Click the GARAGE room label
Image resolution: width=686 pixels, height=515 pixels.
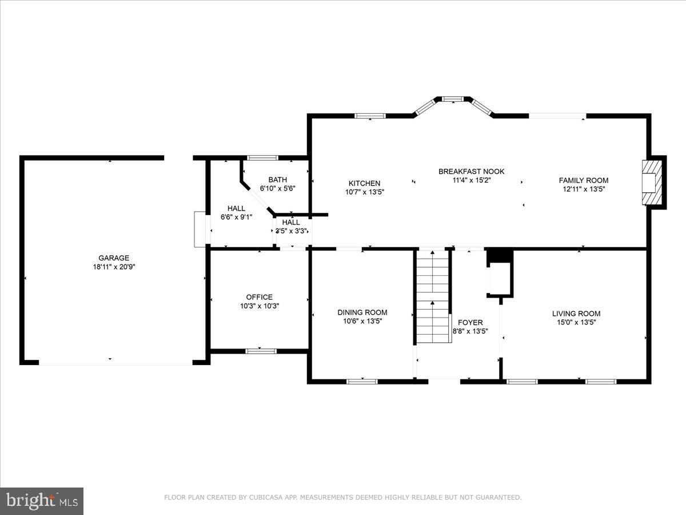pos(114,258)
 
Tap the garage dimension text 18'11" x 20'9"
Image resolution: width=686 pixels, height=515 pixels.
pos(114,267)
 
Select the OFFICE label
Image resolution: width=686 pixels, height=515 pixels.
pos(260,297)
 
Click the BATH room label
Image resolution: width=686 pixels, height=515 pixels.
pos(278,180)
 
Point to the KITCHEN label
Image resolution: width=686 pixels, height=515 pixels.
pos(364,183)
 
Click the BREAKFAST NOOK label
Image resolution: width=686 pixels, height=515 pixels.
pos(471,171)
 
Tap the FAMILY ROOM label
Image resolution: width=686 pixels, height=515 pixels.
pos(583,180)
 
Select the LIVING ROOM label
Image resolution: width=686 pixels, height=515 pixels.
pos(576,314)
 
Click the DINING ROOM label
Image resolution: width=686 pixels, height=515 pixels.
pos(362,312)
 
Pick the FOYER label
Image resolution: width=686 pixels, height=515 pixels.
pos(470,323)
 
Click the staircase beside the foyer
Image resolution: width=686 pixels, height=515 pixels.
pos(433,298)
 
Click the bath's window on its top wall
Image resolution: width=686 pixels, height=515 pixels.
pos(262,157)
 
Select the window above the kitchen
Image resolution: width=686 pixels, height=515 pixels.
pos(370,116)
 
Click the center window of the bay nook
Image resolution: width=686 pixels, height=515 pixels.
pos(453,99)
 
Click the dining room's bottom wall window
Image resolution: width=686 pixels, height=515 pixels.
pos(362,381)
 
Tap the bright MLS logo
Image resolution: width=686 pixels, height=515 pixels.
pos(41,501)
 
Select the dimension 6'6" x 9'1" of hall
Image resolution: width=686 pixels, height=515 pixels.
pos(236,217)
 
